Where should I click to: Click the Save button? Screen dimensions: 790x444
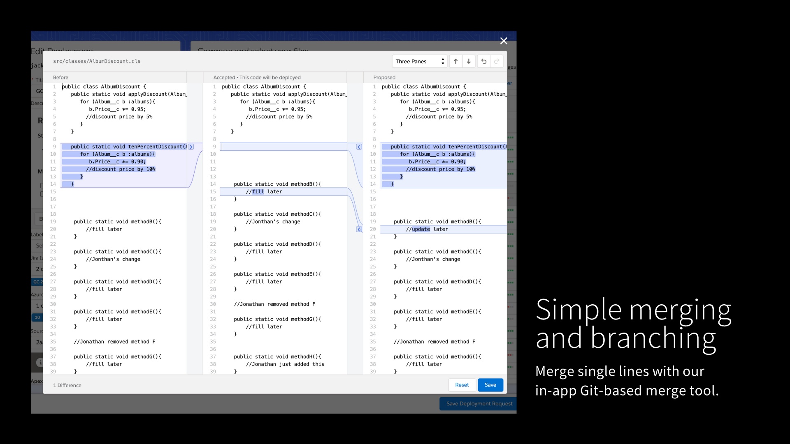(x=490, y=385)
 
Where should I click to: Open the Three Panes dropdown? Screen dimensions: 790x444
(x=419, y=61)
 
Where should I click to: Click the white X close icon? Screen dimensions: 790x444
(x=504, y=41)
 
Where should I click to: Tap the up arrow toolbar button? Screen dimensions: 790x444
(x=455, y=61)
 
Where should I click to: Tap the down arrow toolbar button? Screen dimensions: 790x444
(x=469, y=61)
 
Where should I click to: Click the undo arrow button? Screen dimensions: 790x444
(x=484, y=61)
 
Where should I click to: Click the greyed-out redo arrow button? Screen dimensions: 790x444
(x=497, y=61)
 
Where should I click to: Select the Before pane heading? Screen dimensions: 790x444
(x=60, y=77)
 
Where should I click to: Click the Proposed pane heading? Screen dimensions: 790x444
(x=384, y=77)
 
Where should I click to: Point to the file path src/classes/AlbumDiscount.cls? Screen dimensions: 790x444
(x=97, y=61)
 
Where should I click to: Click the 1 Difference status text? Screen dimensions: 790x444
(x=67, y=385)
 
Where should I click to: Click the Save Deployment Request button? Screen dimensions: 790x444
(x=479, y=404)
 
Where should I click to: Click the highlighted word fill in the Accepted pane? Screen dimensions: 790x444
(x=258, y=192)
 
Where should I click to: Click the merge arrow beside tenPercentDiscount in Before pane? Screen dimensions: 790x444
(x=191, y=147)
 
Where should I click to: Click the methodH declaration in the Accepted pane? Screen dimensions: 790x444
(x=277, y=356)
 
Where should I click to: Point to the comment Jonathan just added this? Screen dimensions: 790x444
(x=285, y=364)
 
